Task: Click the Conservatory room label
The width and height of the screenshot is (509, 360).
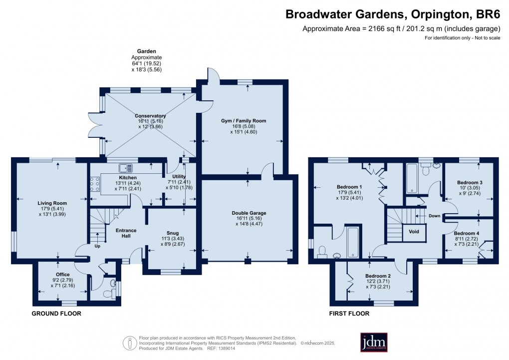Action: [150, 116]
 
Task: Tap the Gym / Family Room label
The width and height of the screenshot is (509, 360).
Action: [244, 121]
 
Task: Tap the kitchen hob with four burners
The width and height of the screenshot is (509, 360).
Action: [94, 185]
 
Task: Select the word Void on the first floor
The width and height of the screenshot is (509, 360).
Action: [414, 232]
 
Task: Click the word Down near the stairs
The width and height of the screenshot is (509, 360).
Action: [435, 216]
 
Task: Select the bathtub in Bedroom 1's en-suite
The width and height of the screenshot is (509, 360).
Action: [352, 243]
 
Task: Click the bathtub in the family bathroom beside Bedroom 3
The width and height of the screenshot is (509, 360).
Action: [412, 179]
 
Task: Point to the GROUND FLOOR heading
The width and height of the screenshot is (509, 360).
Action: [56, 314]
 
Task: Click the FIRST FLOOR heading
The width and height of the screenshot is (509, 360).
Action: [349, 314]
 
